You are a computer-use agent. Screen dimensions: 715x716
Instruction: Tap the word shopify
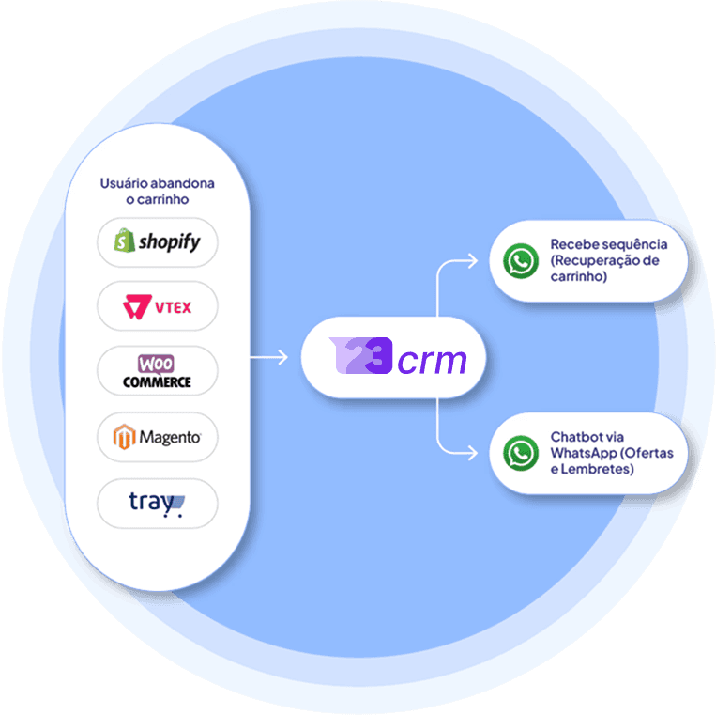pos(169,242)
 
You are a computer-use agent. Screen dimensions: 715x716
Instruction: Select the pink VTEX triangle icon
pos(136,306)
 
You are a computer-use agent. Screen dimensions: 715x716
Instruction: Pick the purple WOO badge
pos(156,363)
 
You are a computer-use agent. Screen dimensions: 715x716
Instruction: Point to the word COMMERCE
pos(157,382)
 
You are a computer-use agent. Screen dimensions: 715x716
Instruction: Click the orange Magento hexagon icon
pos(125,437)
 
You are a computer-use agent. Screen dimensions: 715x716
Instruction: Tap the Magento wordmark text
pos(169,437)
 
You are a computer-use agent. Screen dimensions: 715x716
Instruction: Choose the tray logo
pos(157,504)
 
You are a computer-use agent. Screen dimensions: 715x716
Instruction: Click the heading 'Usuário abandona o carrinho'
pos(157,192)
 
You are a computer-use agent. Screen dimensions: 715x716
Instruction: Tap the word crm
pos(432,360)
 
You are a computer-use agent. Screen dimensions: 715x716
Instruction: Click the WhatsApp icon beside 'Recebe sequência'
pos(521,260)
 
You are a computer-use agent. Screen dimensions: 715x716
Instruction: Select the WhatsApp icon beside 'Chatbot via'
pos(521,453)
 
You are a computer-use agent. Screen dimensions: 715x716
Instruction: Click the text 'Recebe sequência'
pos(608,244)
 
